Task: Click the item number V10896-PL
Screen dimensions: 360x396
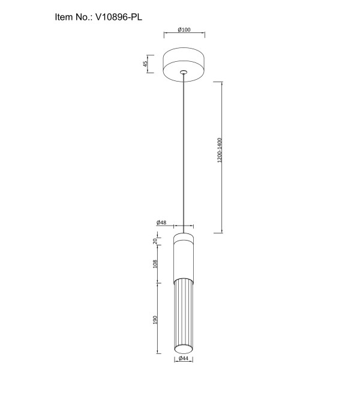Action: (118, 17)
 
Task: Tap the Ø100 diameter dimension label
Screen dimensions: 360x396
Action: (184, 29)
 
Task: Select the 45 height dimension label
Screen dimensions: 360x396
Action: (145, 64)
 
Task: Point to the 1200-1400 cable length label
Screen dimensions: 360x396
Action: (220, 150)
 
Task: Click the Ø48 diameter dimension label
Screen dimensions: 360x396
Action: (161, 223)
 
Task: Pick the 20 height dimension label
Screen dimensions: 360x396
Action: (155, 241)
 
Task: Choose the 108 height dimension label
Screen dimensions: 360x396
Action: (155, 264)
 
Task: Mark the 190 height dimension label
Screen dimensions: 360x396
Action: (155, 320)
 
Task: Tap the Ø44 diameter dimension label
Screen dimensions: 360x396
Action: (184, 358)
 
